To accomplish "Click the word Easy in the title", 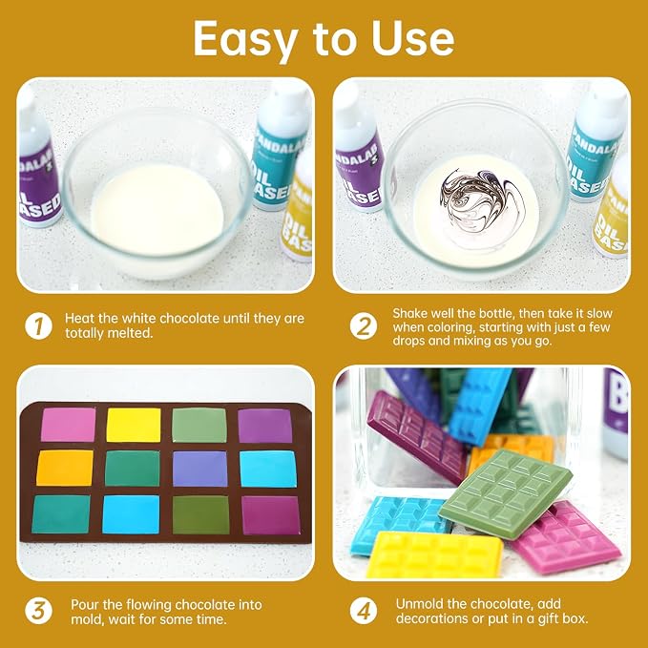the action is [x=244, y=40].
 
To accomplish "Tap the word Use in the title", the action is [x=412, y=38].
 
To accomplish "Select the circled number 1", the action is [x=38, y=325].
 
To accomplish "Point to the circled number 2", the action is [x=364, y=326].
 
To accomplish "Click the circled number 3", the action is [x=38, y=611].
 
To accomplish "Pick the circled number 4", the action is [x=364, y=611].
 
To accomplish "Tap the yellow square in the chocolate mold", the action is [x=134, y=425].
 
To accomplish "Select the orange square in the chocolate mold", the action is [x=65, y=468].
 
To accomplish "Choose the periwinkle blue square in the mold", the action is [x=200, y=469].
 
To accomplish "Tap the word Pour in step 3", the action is [x=85, y=605].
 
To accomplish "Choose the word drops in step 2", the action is [x=408, y=341].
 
